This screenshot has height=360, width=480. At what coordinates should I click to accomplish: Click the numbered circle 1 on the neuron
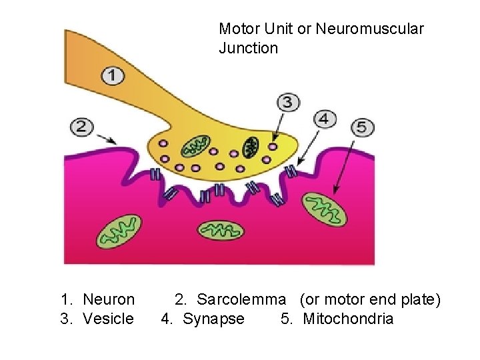click(x=112, y=75)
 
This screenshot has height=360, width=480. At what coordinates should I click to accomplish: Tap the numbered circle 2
click(x=81, y=127)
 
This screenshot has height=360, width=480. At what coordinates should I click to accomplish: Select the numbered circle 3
click(x=288, y=102)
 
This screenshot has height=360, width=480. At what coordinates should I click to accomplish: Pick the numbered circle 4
click(x=325, y=119)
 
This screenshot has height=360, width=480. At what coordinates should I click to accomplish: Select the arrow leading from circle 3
click(x=280, y=126)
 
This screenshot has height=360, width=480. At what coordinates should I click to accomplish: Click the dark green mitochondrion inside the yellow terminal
click(x=251, y=146)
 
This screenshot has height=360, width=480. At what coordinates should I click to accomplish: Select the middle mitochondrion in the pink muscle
click(x=220, y=230)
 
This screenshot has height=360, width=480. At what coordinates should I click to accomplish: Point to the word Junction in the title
click(x=248, y=48)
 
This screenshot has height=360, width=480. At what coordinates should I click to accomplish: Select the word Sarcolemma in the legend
click(x=241, y=300)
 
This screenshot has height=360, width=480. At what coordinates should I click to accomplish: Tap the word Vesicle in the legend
click(x=108, y=319)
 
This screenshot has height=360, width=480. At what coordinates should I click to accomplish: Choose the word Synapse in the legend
click(x=213, y=319)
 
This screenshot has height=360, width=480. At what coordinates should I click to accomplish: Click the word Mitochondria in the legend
click(x=348, y=319)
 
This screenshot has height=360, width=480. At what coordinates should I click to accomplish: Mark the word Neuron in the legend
click(x=109, y=300)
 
